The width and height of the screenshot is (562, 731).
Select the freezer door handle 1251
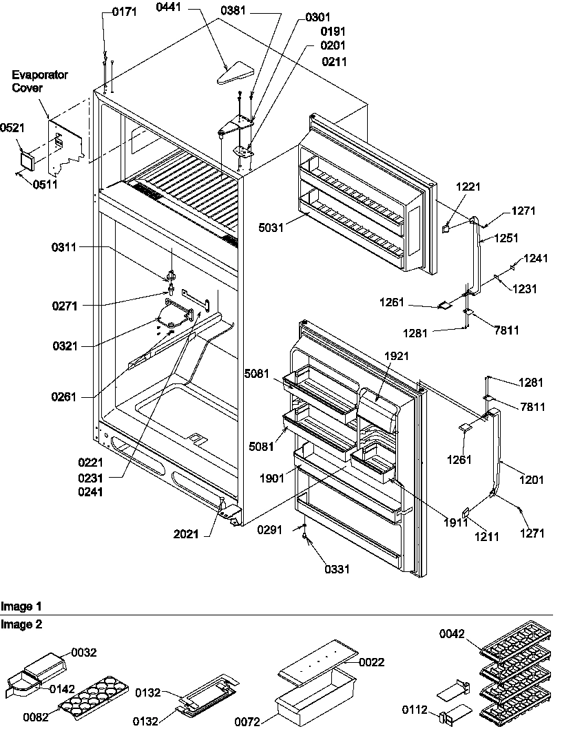click(476, 255)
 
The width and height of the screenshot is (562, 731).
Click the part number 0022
click(373, 662)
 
